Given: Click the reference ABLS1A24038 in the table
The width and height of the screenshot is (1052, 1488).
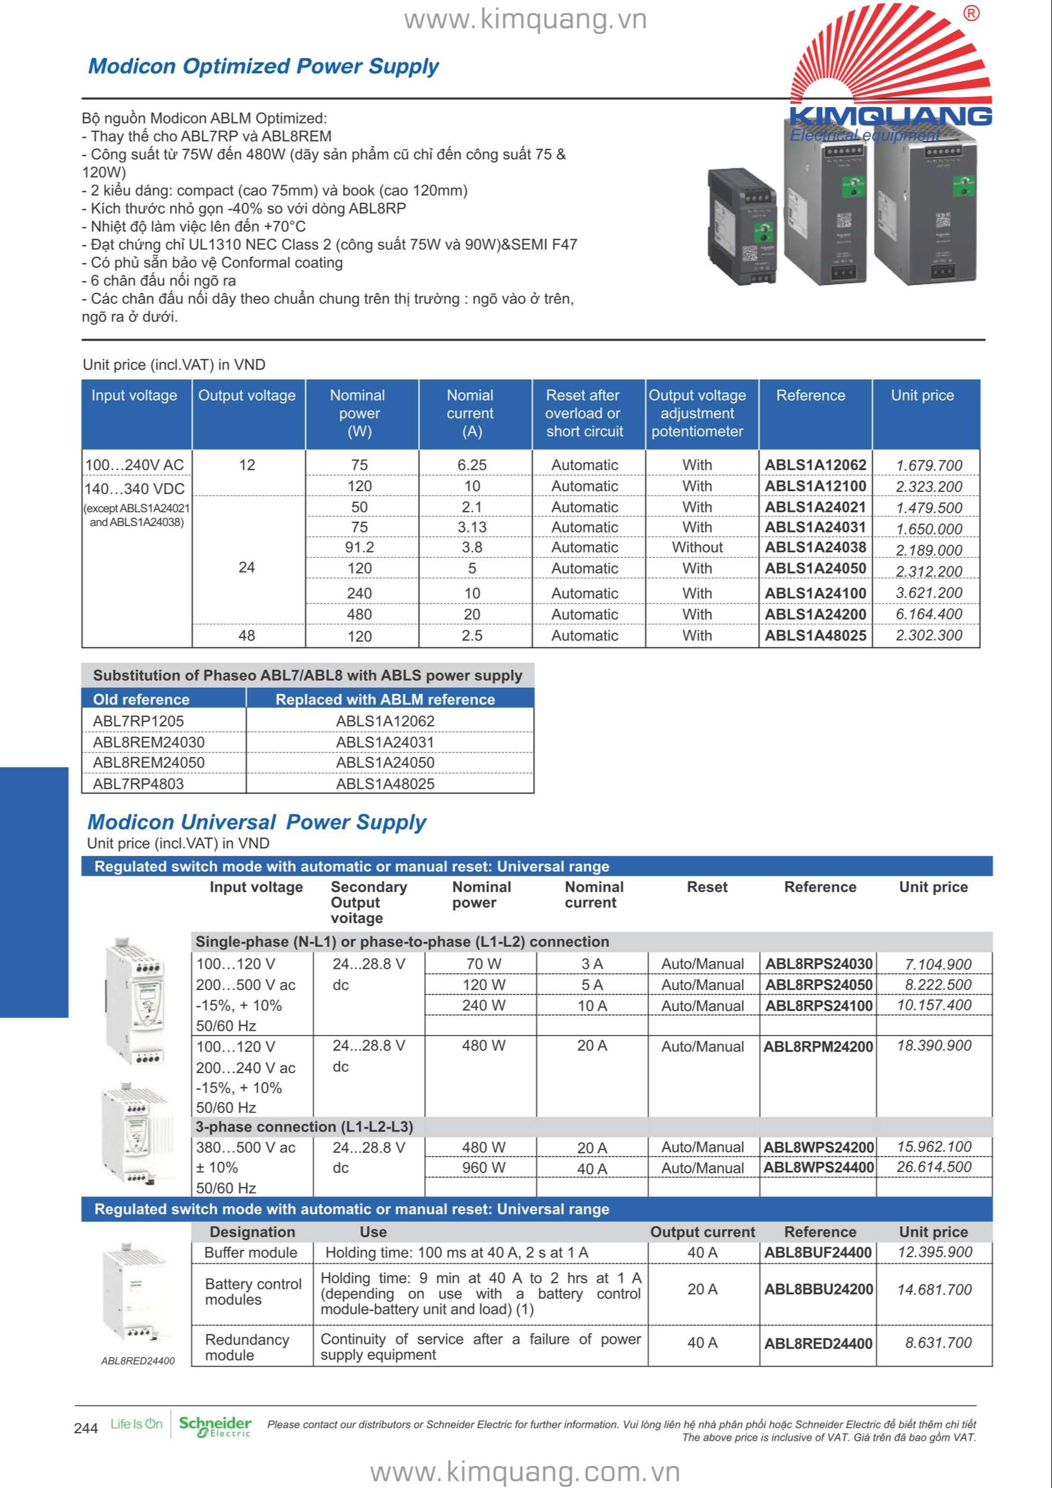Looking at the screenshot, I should coord(815,547).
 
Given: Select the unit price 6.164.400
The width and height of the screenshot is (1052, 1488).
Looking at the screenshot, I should coord(928,614).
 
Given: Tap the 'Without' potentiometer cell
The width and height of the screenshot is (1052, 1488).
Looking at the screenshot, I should coord(697,547).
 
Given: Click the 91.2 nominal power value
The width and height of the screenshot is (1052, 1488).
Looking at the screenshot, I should coord(359,547).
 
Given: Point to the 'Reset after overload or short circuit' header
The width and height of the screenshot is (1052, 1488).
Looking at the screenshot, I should coord(584,414).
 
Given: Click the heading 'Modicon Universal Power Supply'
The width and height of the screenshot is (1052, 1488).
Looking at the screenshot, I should coord(257,822).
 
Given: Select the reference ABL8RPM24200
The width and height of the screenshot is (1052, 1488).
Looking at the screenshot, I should coord(818,1046).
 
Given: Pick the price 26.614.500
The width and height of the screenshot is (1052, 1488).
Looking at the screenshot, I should coord(934,1167).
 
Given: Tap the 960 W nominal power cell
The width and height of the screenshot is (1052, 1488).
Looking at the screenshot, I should coord(483,1168).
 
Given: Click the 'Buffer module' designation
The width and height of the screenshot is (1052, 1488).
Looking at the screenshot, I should coord(250,1253).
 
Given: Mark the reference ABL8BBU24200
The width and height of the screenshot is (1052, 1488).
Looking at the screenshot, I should coord(818,1289).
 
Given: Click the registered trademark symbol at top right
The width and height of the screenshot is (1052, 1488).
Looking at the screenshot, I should coord(971,14).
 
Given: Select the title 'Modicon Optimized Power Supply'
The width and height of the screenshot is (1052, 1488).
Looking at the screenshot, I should coord(263,66).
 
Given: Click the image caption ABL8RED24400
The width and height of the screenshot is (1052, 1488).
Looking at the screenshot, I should coord(138,1361).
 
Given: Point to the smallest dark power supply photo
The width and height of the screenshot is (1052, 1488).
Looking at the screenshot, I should coord(742,225).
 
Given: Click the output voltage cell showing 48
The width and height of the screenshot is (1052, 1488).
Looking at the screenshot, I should coord(246,635).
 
